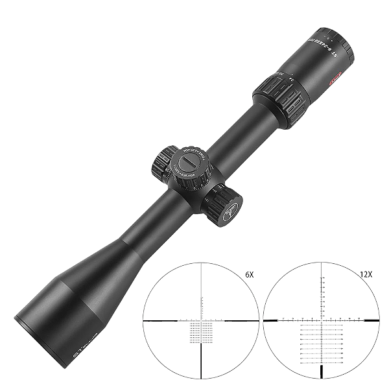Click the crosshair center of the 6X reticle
(x=203, y=320)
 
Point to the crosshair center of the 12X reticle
(x=322, y=320)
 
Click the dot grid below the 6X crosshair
(x=203, y=333)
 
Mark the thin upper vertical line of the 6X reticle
(x=203, y=285)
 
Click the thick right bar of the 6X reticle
(x=245, y=320)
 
